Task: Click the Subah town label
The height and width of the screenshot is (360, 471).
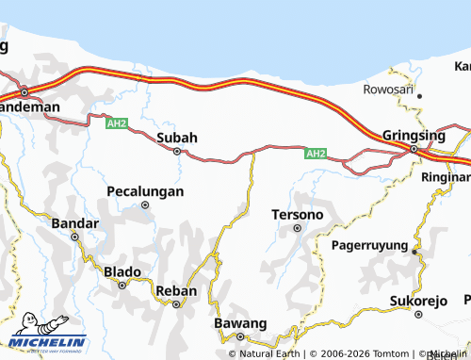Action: click(176, 138)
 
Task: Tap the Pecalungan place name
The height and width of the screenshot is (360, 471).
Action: click(144, 191)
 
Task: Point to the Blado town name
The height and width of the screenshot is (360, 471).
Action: click(122, 271)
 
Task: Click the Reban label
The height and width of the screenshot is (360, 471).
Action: click(175, 290)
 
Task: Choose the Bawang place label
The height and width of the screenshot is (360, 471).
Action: click(240, 322)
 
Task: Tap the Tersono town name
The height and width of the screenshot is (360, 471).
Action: click(297, 215)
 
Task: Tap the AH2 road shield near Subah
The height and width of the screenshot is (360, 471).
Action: click(117, 123)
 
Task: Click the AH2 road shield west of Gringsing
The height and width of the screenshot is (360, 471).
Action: click(317, 154)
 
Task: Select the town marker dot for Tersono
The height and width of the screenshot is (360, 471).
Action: click(298, 228)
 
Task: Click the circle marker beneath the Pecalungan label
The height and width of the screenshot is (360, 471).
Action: click(145, 205)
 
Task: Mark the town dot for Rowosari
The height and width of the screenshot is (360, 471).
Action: click(420, 96)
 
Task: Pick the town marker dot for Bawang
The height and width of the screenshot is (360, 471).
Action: click(240, 335)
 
